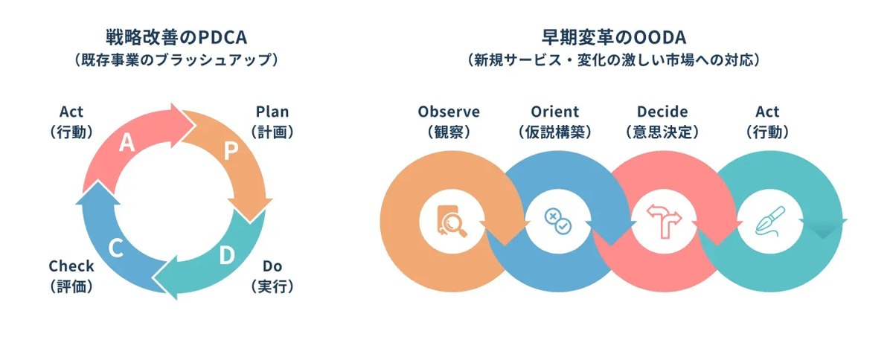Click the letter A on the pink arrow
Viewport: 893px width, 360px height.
(127, 143)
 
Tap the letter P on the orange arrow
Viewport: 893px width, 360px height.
(231, 151)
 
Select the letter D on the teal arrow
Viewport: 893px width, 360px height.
(227, 254)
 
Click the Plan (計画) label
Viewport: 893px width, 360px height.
(272, 122)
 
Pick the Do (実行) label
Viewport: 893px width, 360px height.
(272, 275)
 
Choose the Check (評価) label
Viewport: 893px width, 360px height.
(71, 275)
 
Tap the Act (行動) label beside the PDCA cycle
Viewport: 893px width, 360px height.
(71, 122)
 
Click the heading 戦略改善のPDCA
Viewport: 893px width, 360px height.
(176, 36)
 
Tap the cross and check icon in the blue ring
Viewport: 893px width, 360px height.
(558, 222)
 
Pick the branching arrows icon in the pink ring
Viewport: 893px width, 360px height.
(664, 222)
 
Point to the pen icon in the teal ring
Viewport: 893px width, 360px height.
(769, 222)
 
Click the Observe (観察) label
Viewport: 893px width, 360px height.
(449, 122)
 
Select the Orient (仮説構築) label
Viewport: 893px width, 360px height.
(554, 122)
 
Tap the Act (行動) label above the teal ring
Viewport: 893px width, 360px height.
(767, 122)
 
